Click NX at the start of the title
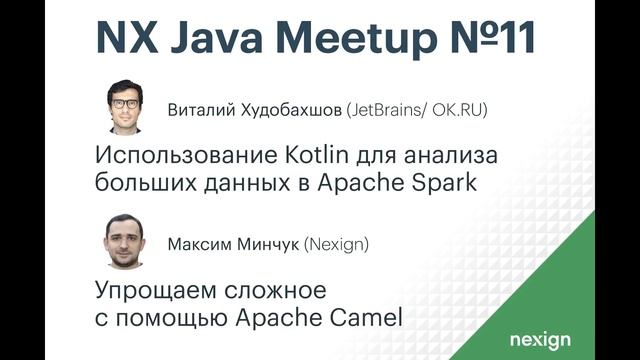point(120,37)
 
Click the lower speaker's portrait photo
point(125,242)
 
